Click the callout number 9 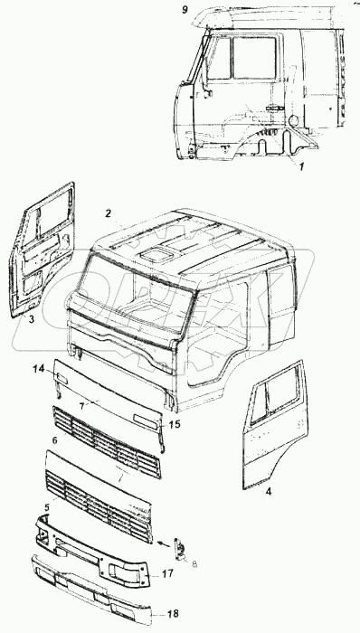point(185,10)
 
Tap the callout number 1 point(301,165)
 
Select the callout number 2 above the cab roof point(109,214)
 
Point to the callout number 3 point(32,319)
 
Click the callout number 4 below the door point(269,492)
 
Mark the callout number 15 point(176,425)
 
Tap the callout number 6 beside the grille point(55,439)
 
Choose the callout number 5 point(47,507)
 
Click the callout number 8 point(194,564)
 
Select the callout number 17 point(168,572)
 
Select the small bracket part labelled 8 point(180,549)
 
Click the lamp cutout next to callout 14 point(62,378)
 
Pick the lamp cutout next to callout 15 point(147,420)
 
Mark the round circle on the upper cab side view point(294,119)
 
